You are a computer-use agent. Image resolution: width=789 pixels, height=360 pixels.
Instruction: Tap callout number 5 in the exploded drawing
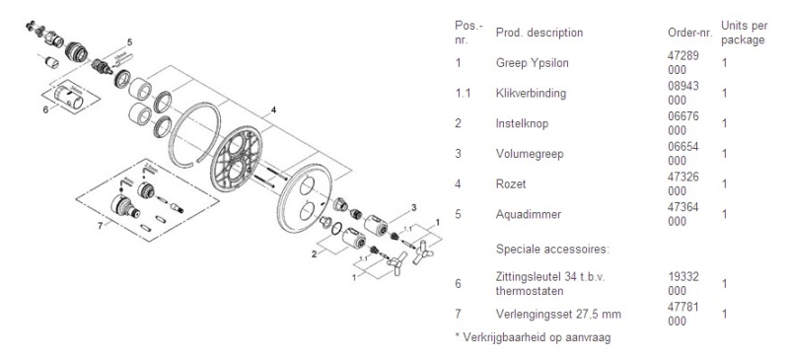128,43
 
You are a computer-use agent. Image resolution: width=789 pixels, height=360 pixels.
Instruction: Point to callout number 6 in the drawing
44,110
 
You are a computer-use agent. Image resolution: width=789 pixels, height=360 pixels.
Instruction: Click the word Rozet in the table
510,182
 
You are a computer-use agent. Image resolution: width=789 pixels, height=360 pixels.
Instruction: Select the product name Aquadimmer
522,213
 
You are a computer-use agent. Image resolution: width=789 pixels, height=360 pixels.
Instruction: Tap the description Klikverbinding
527,93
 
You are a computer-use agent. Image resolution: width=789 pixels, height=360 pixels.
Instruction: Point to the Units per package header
743,33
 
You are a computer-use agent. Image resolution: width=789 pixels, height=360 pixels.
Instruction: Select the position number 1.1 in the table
461,93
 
